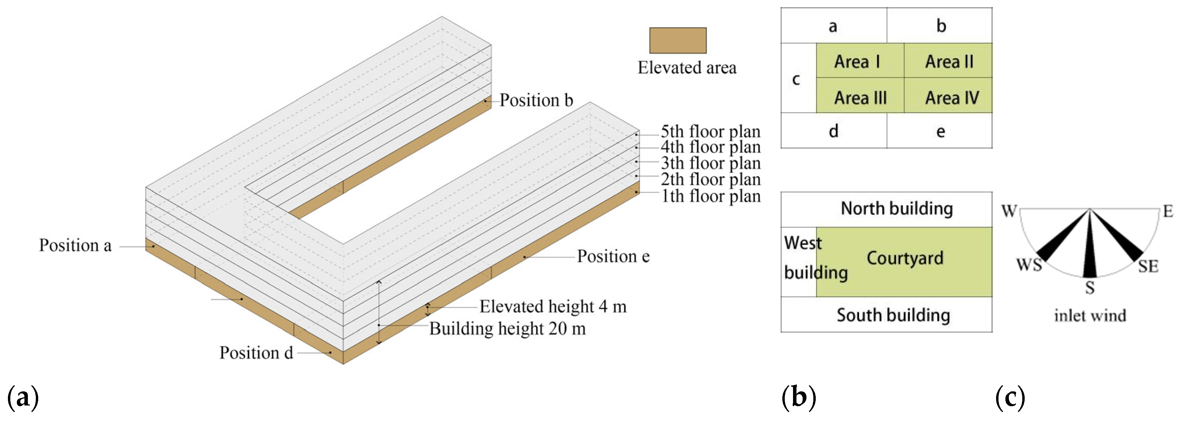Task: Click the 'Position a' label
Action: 75,246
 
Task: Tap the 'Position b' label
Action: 536,100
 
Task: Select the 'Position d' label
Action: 256,353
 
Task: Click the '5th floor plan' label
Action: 710,132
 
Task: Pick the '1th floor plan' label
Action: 710,196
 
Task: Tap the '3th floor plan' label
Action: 710,163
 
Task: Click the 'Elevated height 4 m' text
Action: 553,306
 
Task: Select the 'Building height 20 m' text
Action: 507,329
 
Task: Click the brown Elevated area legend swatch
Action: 677,40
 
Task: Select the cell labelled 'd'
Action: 834,131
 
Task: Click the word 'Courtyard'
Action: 905,258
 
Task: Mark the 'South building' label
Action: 893,315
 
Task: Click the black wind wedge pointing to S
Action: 1090,257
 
